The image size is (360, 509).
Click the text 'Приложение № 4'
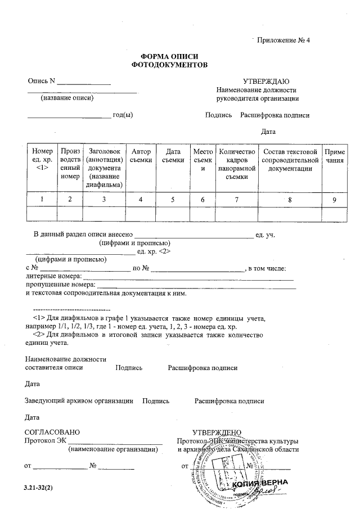283,40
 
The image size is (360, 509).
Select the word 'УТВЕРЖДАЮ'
266,81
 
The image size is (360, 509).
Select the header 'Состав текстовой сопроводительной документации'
289,160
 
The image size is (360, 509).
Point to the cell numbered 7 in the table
236,199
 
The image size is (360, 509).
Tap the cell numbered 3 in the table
103,199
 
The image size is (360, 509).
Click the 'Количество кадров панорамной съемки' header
236,164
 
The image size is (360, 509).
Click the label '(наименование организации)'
111,450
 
